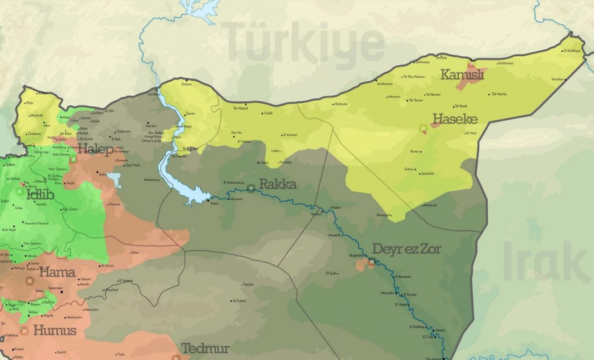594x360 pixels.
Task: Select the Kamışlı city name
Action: (x=462, y=74)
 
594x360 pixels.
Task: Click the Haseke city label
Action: (x=455, y=119)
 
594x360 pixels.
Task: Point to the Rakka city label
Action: (x=278, y=184)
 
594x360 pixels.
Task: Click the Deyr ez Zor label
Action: (x=407, y=249)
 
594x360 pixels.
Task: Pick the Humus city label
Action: (x=54, y=330)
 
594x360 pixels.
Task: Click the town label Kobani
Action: (x=186, y=84)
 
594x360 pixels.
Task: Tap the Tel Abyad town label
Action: (x=240, y=108)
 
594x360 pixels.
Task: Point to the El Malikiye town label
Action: (x=572, y=51)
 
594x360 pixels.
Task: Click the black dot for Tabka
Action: (x=209, y=200)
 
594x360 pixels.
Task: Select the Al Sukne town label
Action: (x=240, y=300)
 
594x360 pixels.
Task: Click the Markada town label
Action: (x=430, y=205)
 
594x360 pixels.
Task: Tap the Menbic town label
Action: (x=152, y=126)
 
